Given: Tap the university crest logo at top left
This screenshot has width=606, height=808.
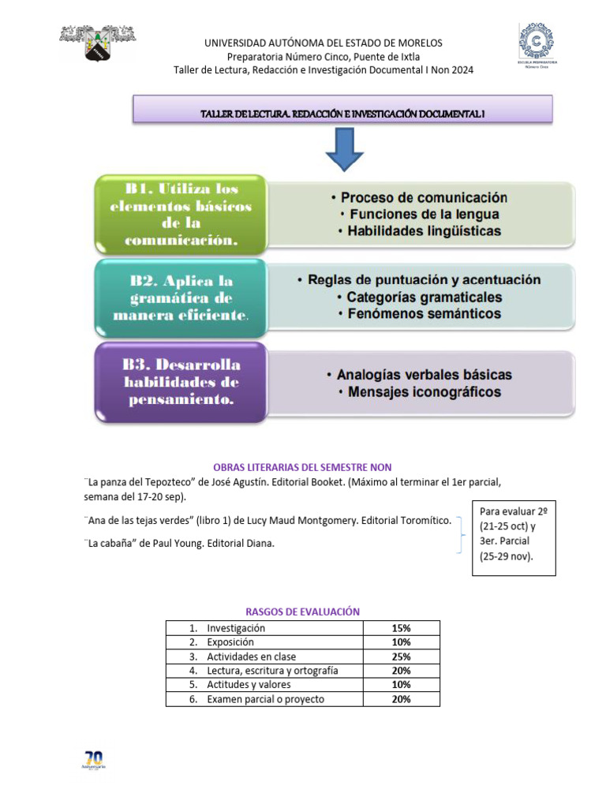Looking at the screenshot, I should pos(98,43).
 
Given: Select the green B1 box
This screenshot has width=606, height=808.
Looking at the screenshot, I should pos(181,215).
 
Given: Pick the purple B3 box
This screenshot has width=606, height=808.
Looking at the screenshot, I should pos(181,383).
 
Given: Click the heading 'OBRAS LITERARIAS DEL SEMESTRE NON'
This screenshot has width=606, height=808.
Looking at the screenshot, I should pos(302,467).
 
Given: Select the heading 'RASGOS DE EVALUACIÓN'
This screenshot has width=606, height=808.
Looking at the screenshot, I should pos(302,612).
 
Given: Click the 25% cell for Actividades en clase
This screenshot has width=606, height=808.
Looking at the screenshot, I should pos(401,656).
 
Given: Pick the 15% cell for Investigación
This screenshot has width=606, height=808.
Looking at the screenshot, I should pos(401,628).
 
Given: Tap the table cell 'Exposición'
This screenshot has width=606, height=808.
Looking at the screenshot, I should pos(230,642).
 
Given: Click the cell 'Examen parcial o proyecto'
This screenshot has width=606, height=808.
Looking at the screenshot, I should pos(265,699).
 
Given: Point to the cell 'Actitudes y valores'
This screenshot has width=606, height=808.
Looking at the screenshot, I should pos(249,685).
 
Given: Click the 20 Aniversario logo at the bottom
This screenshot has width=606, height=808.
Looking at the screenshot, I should pos(95,761).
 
